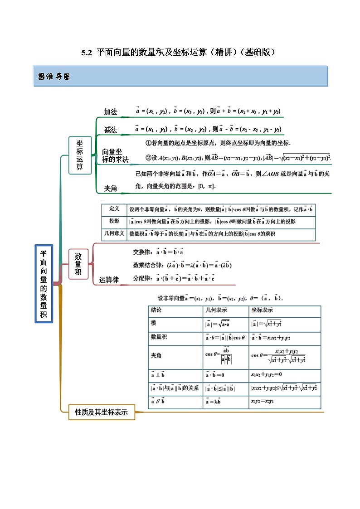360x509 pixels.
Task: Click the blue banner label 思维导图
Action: (54, 77)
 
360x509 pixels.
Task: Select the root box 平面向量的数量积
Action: (44, 284)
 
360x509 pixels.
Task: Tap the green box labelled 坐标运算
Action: (80, 155)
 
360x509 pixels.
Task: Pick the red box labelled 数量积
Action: (78, 264)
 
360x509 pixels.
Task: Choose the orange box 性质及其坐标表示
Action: (101, 412)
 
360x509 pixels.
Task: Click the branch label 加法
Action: (111, 112)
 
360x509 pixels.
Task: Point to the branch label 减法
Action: (111, 130)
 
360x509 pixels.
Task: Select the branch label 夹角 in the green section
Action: (111, 188)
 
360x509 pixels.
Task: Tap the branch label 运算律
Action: (109, 280)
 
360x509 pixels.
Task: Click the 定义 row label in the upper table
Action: (114, 209)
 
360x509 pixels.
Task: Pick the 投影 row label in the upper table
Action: (114, 222)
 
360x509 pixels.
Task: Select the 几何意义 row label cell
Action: (114, 234)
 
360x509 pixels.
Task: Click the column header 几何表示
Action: (216, 310)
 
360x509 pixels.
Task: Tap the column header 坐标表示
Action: (262, 310)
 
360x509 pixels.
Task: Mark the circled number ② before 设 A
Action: (148, 158)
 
